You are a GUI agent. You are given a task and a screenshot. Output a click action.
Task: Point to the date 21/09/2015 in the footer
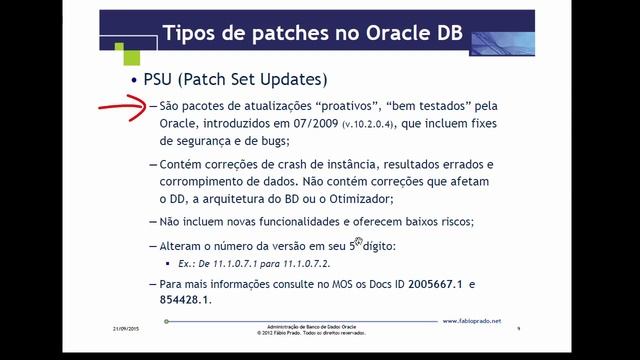tap(125, 328)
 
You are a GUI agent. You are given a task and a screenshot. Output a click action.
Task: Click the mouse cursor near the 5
tap(358, 240)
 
